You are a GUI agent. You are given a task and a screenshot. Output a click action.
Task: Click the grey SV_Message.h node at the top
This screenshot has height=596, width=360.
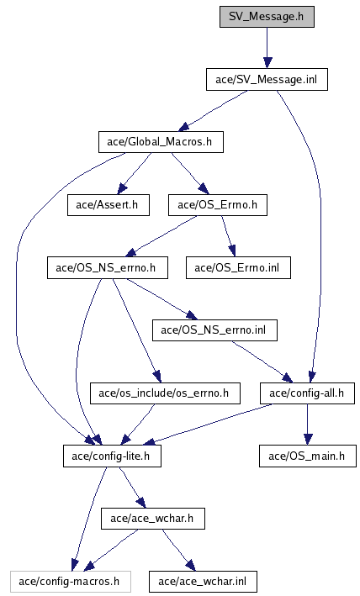tap(267, 17)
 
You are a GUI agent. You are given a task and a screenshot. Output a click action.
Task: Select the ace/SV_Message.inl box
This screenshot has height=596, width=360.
tap(267, 80)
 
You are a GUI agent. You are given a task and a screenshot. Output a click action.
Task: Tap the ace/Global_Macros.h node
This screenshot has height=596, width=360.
tap(161, 142)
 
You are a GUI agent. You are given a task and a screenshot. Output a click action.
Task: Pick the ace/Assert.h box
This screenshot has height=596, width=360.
tap(109, 205)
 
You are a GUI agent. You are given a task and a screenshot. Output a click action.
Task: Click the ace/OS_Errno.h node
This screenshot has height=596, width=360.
tap(218, 205)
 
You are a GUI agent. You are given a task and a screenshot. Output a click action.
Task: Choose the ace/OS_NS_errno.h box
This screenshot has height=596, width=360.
tap(108, 268)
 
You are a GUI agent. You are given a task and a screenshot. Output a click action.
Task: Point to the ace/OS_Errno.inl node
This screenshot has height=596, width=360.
tap(238, 268)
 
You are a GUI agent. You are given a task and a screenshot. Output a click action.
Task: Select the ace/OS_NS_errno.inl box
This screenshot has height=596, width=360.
tap(214, 330)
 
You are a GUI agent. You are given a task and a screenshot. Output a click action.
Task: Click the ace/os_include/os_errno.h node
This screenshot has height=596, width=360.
tap(165, 393)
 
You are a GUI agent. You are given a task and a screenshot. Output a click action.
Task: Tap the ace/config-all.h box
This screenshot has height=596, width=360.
tap(307, 393)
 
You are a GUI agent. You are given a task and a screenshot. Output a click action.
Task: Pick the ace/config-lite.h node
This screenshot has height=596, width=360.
tap(112, 456)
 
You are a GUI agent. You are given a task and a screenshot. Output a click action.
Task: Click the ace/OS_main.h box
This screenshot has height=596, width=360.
tap(308, 456)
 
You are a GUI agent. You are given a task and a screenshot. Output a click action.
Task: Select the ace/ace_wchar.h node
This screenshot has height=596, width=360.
tap(153, 519)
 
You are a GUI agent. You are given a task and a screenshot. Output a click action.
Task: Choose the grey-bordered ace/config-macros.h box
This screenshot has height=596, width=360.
tap(71, 582)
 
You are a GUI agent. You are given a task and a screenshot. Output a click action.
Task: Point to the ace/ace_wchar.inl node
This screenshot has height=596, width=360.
tap(203, 582)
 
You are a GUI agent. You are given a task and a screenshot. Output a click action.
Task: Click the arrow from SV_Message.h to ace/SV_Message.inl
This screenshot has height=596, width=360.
tap(267, 48)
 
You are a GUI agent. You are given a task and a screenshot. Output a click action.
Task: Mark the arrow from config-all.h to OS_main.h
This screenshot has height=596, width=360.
tap(308, 425)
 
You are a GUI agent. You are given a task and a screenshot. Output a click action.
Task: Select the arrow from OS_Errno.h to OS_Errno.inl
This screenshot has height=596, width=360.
tap(228, 236)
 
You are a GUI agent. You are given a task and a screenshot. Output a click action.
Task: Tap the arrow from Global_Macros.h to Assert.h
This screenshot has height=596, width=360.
tap(135, 173)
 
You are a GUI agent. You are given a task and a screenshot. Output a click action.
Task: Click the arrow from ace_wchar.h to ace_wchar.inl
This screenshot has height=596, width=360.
tap(178, 550)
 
